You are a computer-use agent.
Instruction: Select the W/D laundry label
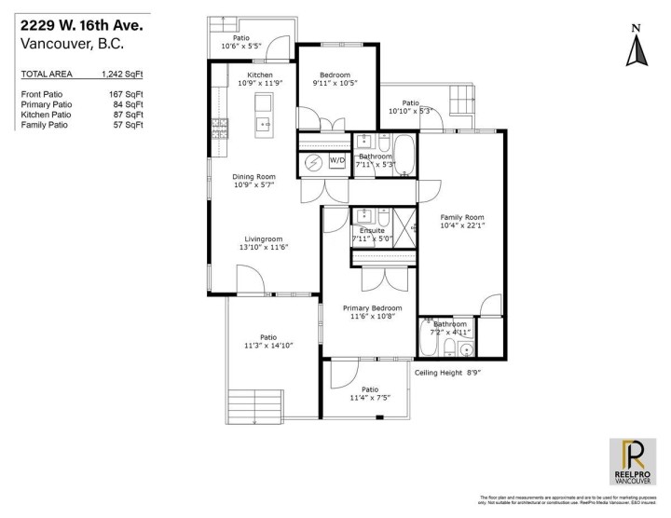[x=336, y=161]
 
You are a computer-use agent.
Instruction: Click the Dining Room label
[x=253, y=175]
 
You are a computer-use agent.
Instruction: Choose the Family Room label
[x=462, y=216]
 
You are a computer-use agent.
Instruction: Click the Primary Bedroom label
[x=372, y=307]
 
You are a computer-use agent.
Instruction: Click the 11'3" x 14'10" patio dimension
[x=268, y=346]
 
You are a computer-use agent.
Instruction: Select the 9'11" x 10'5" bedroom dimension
[x=335, y=83]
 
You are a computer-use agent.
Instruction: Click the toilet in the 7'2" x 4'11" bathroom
[x=450, y=348]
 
